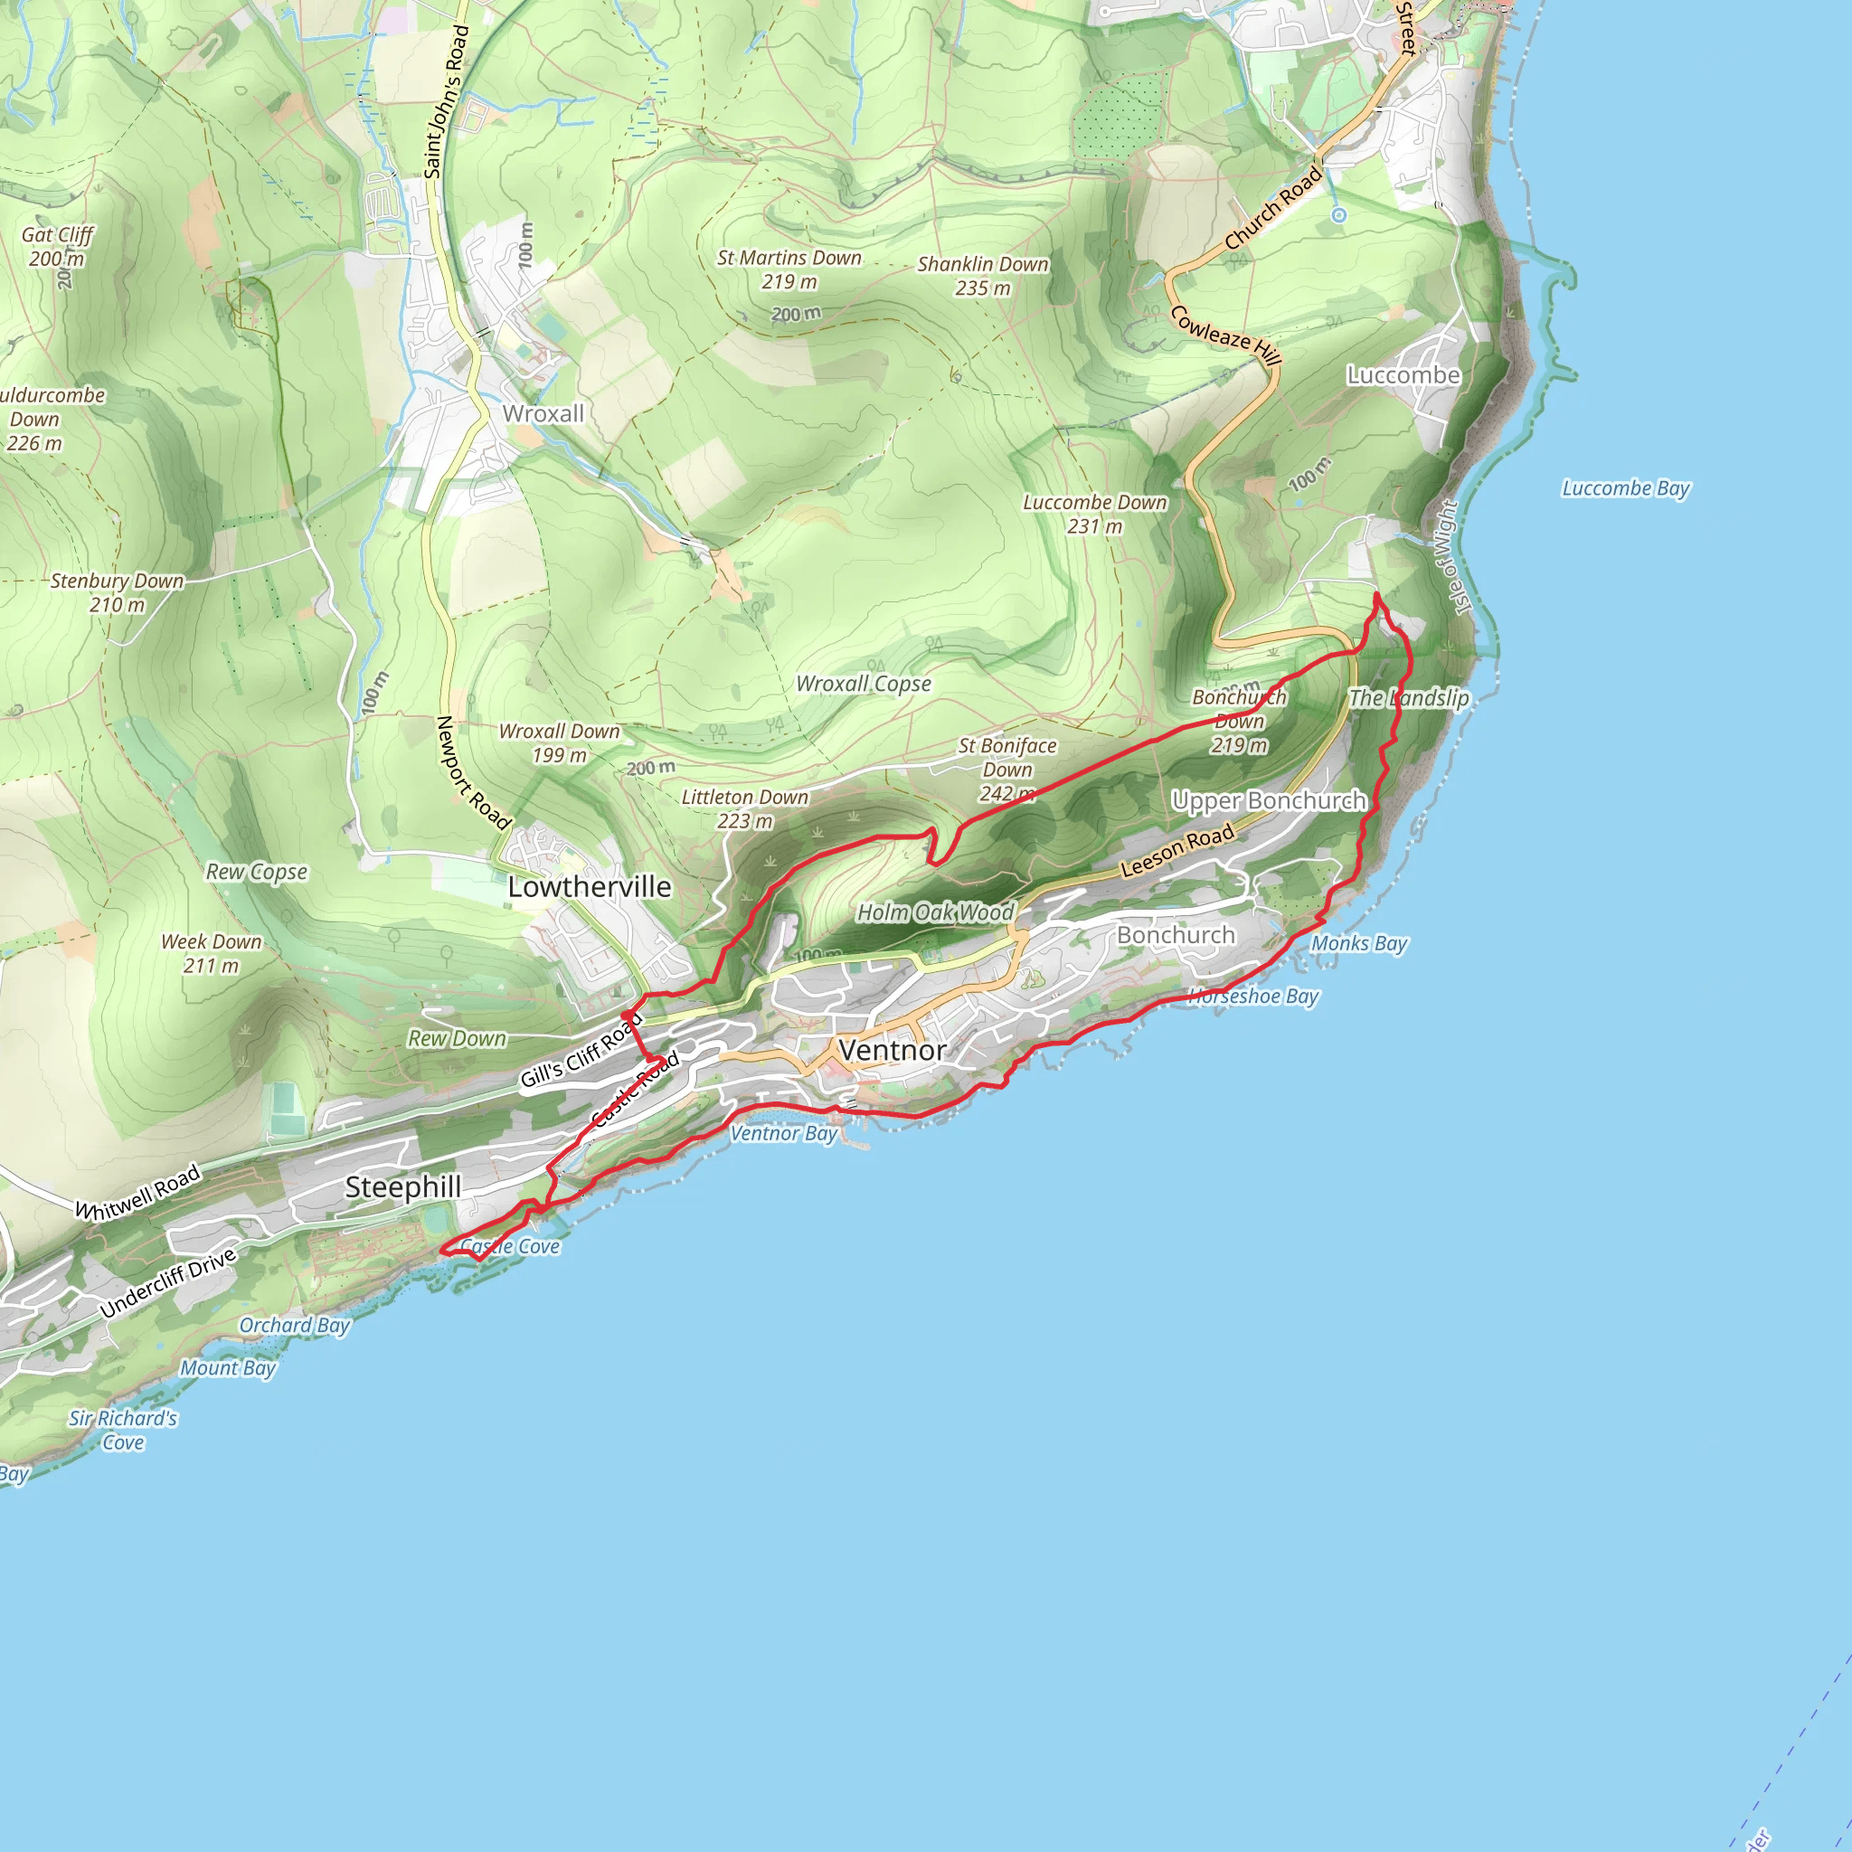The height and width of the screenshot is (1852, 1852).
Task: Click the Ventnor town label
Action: (x=892, y=1051)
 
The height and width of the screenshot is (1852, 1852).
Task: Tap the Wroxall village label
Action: (x=543, y=414)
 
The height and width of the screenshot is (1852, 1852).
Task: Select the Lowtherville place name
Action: (x=589, y=887)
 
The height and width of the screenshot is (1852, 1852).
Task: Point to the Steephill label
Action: (x=402, y=1186)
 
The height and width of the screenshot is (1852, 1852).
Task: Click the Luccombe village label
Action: (x=1403, y=374)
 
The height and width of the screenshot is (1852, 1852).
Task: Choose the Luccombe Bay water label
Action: (x=1626, y=488)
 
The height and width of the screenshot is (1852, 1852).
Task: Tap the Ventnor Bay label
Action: (x=783, y=1133)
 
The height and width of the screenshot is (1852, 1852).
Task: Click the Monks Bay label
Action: (x=1358, y=943)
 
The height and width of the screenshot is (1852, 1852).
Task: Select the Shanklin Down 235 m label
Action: (x=983, y=275)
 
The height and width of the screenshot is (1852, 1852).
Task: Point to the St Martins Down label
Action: (x=789, y=269)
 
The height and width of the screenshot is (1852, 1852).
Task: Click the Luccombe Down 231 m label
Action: (x=1095, y=514)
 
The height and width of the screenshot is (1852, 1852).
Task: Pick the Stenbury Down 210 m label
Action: (x=117, y=592)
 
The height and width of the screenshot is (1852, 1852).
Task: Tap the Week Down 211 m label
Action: (x=211, y=953)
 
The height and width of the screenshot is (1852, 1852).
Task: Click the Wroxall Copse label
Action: (x=864, y=684)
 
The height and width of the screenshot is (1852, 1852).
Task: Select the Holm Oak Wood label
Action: (x=935, y=912)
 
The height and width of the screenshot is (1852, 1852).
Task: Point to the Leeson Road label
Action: (x=1177, y=850)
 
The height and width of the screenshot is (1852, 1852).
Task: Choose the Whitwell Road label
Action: (x=138, y=1192)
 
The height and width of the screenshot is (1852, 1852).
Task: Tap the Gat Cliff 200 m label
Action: (x=57, y=246)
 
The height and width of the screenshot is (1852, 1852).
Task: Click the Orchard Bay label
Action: (x=294, y=1325)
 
